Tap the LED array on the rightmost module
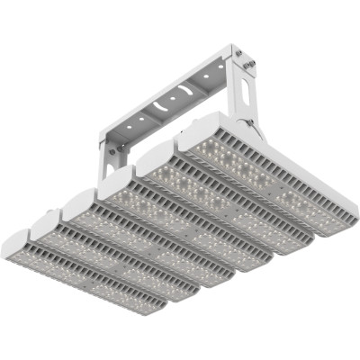tap(270, 170)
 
